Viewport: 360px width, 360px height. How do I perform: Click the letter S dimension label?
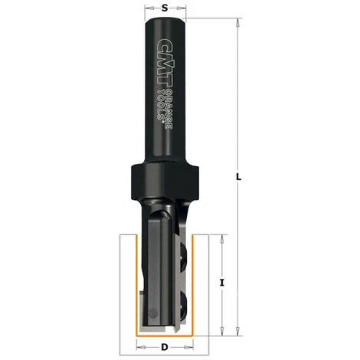pos(165,8)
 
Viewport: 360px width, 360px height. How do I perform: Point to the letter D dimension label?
pos(165,346)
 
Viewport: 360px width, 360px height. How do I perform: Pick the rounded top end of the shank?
pos(165,21)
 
